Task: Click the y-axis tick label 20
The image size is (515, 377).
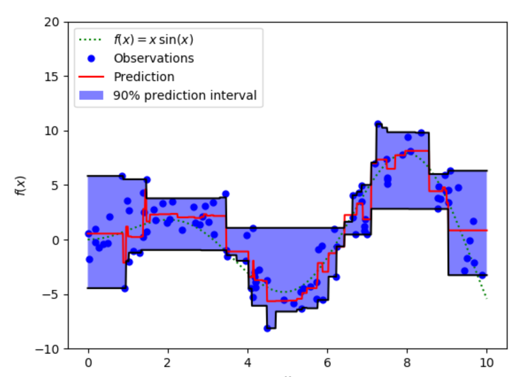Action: [54, 22]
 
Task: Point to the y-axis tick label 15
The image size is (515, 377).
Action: [54, 77]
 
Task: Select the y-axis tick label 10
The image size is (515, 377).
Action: [54, 131]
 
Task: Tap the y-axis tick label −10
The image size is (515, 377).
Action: [51, 349]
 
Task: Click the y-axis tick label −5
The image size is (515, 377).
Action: [54, 294]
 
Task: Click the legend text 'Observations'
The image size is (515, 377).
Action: [153, 58]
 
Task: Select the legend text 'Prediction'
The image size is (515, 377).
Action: [144, 77]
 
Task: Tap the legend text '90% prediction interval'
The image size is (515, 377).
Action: [185, 95]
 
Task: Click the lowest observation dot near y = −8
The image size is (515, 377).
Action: [267, 328]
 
